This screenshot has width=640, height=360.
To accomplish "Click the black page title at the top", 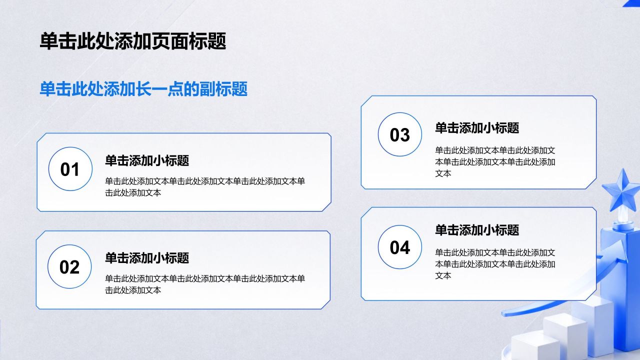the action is point(133,41).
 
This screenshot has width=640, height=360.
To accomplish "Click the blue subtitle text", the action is point(143,89).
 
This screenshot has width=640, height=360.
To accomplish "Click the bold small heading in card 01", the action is point(147,160).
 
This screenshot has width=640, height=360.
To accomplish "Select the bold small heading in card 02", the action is point(147,258).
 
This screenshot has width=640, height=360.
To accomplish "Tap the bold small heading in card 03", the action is point(477,127).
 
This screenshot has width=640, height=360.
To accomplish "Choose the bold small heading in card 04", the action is point(477,230).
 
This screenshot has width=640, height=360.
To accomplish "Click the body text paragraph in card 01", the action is point(205,187).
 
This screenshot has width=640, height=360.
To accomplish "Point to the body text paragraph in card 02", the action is point(205,284).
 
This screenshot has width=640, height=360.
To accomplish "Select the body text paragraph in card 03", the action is point(495,161).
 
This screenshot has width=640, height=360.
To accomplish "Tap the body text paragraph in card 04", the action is point(495,264).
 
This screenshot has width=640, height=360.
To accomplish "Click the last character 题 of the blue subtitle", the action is point(239,89).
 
